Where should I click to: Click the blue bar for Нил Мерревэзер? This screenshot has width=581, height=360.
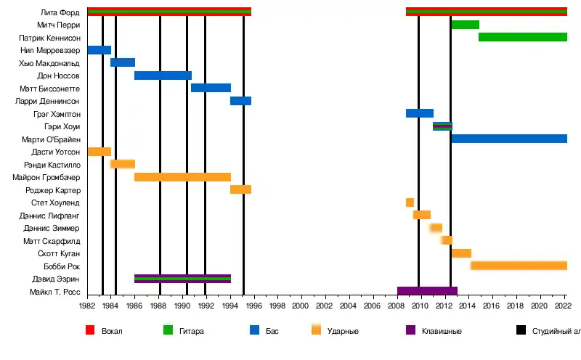tap(99, 50)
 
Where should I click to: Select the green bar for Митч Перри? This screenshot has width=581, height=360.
tap(465, 25)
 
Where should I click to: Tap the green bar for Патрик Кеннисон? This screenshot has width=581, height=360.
tap(522, 37)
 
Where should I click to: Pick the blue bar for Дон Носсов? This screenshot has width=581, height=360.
tap(163, 75)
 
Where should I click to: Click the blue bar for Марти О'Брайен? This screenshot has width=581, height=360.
tap(509, 139)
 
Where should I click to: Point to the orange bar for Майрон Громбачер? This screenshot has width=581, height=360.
tap(182, 177)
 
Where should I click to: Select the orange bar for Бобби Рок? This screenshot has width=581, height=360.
tap(519, 266)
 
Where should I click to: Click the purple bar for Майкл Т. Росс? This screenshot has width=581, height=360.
tap(427, 291)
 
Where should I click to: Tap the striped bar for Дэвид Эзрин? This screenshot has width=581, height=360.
tap(182, 279)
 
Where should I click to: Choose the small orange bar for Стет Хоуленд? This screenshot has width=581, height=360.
tap(410, 202)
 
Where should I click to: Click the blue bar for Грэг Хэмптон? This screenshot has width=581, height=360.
tap(419, 113)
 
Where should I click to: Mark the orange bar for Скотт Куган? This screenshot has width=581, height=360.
tap(461, 253)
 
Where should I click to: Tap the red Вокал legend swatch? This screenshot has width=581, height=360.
tap(90, 330)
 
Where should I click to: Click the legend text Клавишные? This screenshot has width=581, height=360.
tap(442, 331)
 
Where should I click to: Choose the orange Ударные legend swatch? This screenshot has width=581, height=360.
tap(316, 330)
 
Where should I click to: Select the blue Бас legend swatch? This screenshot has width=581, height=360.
tap(254, 330)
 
